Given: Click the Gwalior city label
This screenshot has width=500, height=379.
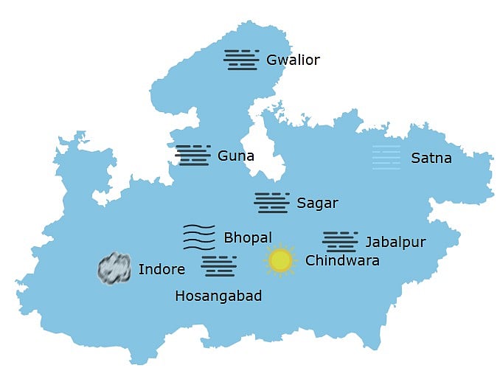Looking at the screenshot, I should [x=293, y=60].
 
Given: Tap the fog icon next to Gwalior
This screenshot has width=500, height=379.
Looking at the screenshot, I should [x=241, y=59].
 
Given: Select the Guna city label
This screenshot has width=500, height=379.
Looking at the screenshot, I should [x=236, y=156].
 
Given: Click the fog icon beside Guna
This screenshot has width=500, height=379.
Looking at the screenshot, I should [x=193, y=155].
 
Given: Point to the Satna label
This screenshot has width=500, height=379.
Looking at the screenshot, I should [x=431, y=158].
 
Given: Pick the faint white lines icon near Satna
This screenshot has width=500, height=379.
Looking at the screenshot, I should [x=386, y=157].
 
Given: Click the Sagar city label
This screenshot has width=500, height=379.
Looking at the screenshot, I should [x=317, y=203].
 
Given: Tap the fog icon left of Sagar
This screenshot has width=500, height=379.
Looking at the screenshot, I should [x=271, y=203].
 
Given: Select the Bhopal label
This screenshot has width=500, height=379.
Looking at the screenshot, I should [x=248, y=237].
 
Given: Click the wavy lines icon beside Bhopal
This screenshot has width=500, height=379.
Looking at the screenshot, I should [x=199, y=237].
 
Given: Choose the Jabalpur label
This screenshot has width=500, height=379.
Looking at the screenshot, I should [x=395, y=242].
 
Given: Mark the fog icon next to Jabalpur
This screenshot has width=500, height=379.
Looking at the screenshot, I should [x=340, y=241].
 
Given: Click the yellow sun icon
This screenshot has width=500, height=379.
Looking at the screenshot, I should [x=280, y=260].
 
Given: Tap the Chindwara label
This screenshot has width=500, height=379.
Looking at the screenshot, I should [x=342, y=260].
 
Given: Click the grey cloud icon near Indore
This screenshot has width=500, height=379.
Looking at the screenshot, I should [x=114, y=268].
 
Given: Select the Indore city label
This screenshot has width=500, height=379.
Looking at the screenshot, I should [x=162, y=269].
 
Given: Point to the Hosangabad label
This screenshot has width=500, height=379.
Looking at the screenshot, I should [x=218, y=296].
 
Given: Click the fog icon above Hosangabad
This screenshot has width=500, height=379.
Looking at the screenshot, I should [x=219, y=265].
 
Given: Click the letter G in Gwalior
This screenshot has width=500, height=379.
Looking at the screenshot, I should [x=272, y=60].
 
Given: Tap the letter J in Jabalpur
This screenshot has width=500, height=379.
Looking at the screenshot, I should [x=369, y=242].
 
